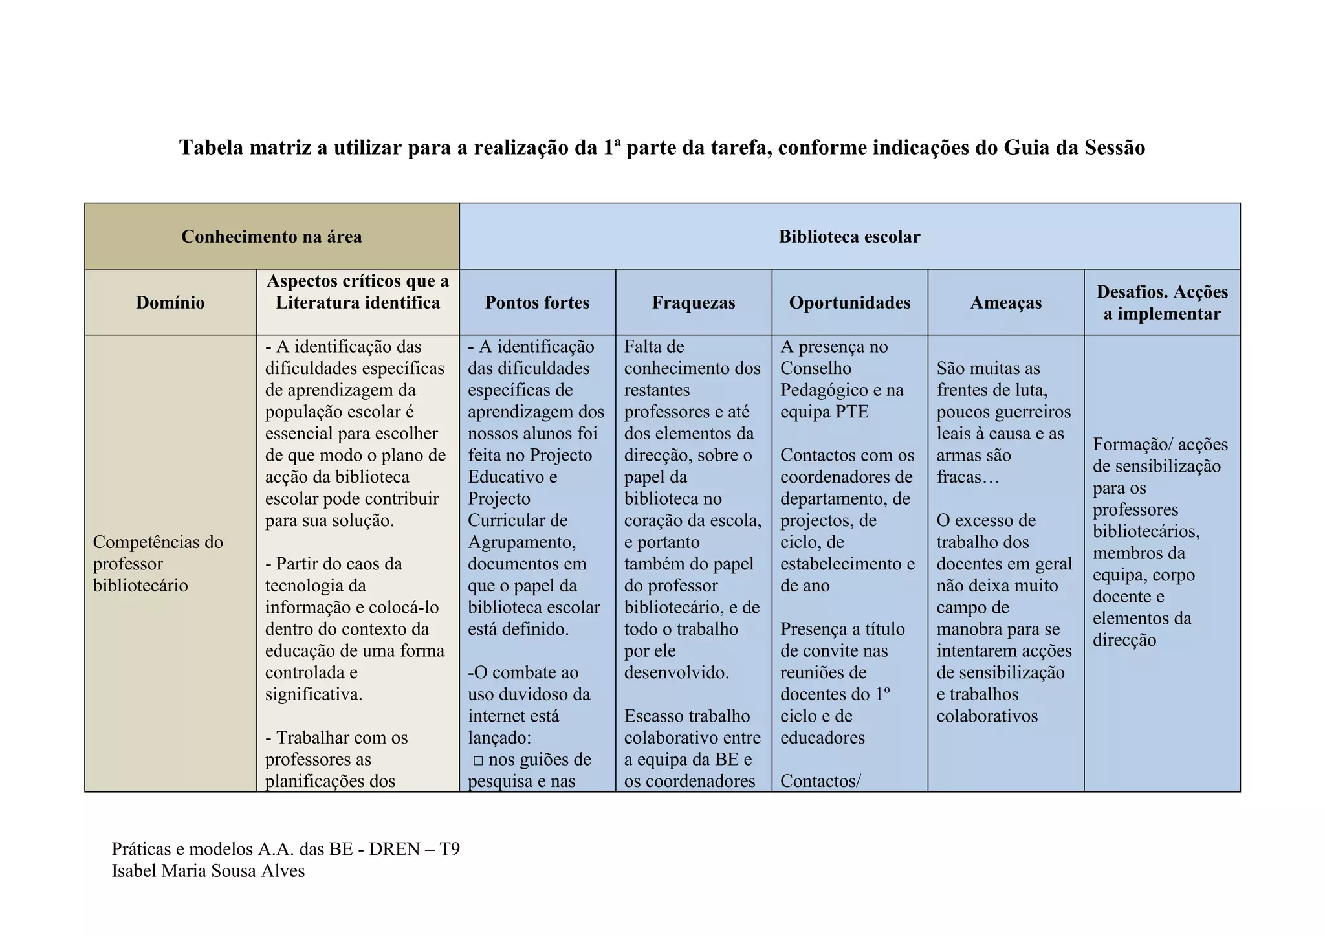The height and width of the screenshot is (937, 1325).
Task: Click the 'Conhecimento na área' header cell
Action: point(271,237)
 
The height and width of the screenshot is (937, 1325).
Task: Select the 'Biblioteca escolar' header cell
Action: point(849,237)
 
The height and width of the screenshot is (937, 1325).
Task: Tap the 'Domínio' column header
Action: point(170,303)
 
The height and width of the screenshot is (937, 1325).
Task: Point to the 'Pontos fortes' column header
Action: point(537,303)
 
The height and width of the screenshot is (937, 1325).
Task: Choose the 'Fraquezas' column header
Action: point(694,303)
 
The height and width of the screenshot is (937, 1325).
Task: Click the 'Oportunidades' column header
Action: point(849,303)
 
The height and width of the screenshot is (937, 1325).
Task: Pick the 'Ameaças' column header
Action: point(1005,303)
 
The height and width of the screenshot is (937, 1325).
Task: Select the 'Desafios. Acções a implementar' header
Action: point(1162,303)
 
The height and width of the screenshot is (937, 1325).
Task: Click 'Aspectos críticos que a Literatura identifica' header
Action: point(358,292)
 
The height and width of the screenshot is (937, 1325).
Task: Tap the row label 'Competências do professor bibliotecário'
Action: point(158,564)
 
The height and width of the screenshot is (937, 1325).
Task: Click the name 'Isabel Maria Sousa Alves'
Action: point(208,871)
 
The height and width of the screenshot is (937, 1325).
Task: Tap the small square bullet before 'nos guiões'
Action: point(478,760)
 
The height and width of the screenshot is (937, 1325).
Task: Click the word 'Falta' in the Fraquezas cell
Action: point(644,347)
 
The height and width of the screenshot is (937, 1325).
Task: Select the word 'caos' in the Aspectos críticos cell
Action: point(364,564)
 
